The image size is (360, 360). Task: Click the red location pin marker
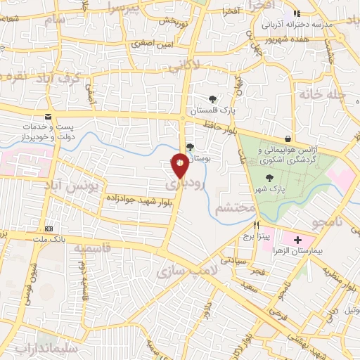180,164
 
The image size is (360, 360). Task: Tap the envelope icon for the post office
48,116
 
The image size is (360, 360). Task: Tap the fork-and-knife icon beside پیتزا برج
257,226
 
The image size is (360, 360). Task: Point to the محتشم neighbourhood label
231,208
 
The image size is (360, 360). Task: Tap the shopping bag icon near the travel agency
289,138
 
